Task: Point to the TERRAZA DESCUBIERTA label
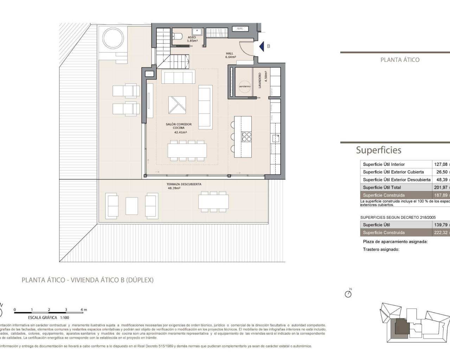pyautogui.click(x=184, y=184)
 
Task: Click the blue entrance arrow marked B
pyautogui.click(x=262, y=46)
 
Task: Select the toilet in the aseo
pyautogui.click(x=177, y=36)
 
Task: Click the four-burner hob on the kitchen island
pyautogui.click(x=246, y=136)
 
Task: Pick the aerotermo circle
pyautogui.click(x=245, y=86)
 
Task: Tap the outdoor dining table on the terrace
pyautogui.click(x=213, y=201)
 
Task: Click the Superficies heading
pyautogui.click(x=379, y=150)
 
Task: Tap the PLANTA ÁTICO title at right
pyautogui.click(x=400, y=60)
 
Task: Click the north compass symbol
pyautogui.click(x=348, y=294)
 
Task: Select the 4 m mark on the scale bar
pyautogui.click(x=83, y=310)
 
